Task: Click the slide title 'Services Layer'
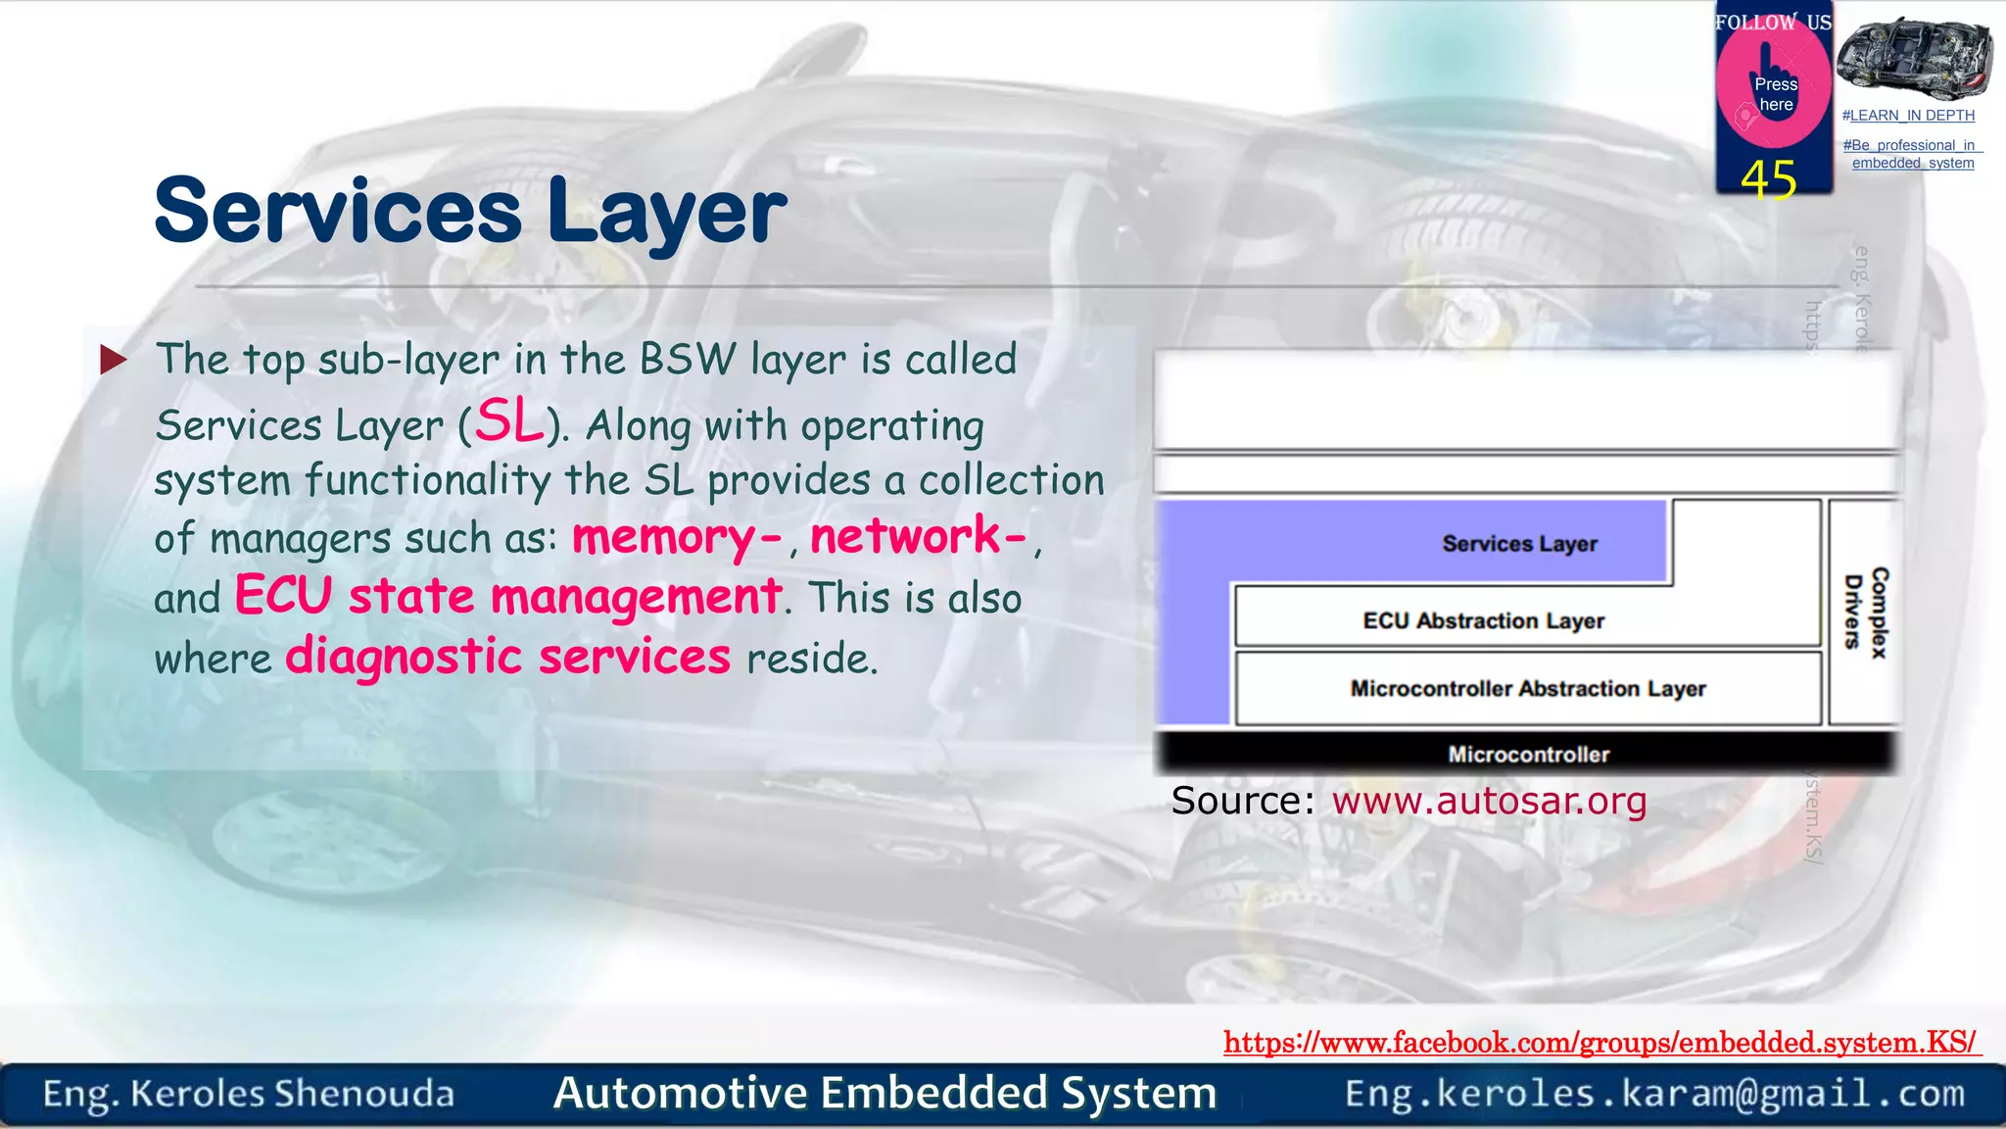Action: click(470, 211)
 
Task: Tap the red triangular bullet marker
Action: click(113, 360)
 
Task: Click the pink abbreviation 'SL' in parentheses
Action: click(509, 422)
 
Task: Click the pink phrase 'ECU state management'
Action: click(507, 597)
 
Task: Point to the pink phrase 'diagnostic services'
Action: click(507, 657)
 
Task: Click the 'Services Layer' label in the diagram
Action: click(1519, 544)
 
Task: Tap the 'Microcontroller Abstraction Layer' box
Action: click(1527, 689)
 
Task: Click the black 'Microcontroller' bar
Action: click(1527, 754)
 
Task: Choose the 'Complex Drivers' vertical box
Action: click(1865, 613)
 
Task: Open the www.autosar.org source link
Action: click(1489, 802)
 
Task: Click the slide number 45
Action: click(1769, 180)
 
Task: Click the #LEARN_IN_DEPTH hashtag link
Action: click(1908, 116)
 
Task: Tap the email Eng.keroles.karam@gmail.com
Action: click(1654, 1094)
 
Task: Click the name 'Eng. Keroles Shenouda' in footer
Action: click(249, 1094)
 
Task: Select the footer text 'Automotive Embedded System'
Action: click(884, 1094)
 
